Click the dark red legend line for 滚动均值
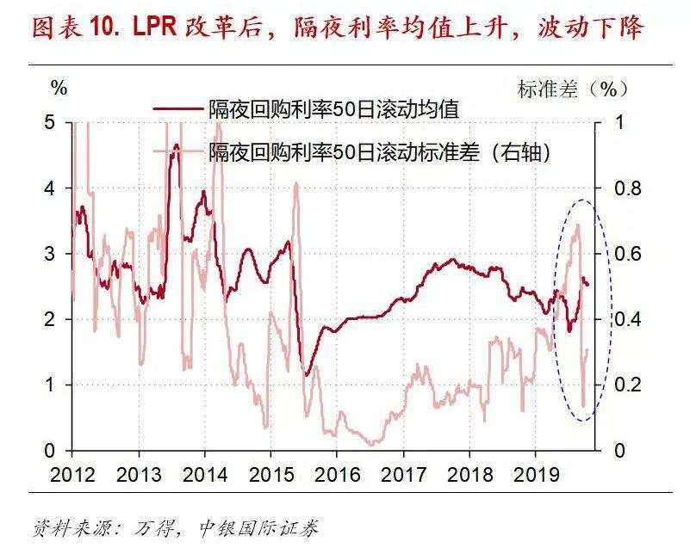click(179, 110)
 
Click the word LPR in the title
click(154, 28)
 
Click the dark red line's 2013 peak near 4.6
click(176, 146)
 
